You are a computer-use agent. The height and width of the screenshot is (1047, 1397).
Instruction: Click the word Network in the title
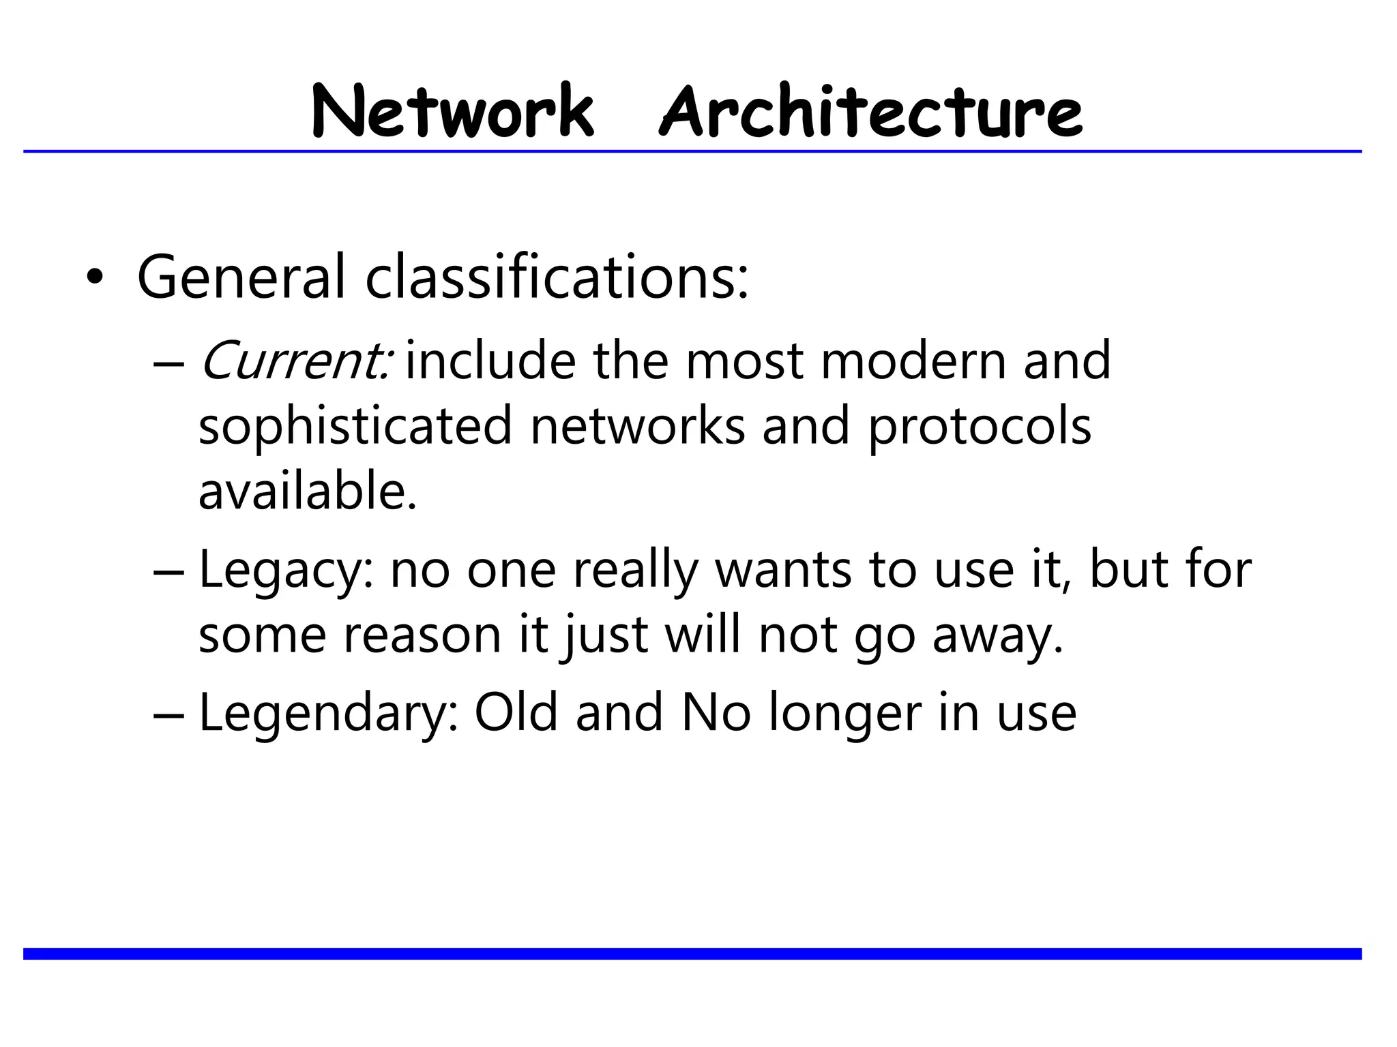pos(452,112)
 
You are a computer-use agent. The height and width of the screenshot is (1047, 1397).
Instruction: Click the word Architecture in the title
pos(870,112)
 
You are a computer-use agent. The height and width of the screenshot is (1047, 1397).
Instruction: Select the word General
pos(241,277)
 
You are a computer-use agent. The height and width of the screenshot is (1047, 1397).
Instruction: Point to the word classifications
pos(556,277)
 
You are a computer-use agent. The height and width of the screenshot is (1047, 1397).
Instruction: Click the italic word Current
pos(294,361)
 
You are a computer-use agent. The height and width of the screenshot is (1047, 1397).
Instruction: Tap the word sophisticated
pos(355,426)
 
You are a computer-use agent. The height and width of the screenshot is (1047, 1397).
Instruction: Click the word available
pos(306,491)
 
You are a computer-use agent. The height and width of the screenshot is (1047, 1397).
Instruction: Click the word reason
pos(422,635)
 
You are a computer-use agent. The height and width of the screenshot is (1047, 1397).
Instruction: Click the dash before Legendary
pos(168,716)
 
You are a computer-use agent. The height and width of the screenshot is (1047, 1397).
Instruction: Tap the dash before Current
pos(168,363)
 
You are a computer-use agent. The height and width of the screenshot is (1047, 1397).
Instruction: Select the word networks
pos(637,426)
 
